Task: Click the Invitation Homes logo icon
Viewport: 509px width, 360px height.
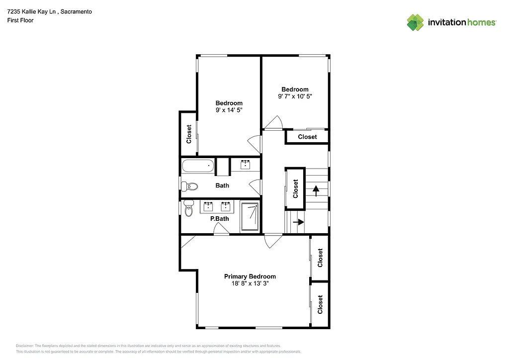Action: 415,22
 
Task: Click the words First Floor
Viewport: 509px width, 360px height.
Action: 20,20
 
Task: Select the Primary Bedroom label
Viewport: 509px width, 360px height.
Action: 250,276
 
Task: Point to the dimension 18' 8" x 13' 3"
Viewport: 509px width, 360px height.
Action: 250,284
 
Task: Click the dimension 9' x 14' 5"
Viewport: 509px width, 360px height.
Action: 229,110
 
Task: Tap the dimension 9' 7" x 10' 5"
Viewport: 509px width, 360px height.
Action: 295,96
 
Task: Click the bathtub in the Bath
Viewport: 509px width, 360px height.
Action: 197,167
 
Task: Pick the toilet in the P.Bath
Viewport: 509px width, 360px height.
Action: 188,210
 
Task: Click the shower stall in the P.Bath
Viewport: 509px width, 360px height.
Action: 250,216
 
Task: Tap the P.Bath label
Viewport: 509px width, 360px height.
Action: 219,219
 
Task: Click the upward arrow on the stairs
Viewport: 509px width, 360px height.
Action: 315,190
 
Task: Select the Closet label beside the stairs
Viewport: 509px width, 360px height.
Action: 295,189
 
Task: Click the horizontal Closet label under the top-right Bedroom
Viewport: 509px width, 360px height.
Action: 307,137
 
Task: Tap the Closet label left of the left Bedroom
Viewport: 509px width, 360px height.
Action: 189,134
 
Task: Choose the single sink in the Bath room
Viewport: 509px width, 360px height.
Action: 246,165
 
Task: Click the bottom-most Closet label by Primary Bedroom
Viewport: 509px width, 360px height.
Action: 320,304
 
